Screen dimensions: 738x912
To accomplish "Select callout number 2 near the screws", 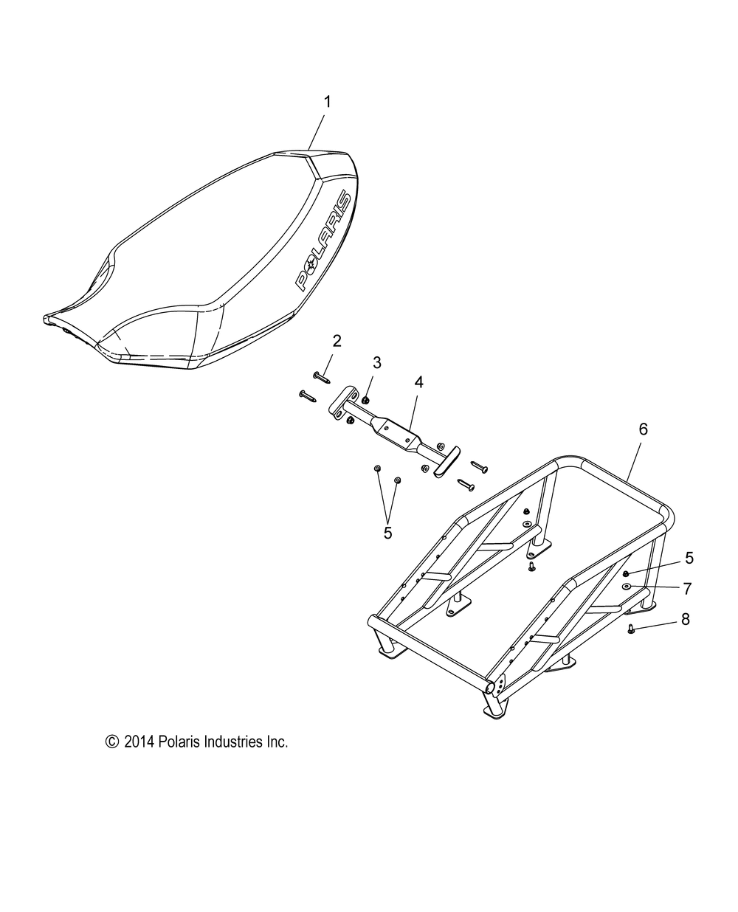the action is pyautogui.click(x=337, y=341).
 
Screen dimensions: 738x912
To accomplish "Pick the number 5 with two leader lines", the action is pyautogui.click(x=387, y=531).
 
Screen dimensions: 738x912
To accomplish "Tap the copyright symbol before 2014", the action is pyautogui.click(x=112, y=742).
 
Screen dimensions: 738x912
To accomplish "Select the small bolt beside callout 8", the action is pyautogui.click(x=632, y=629).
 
